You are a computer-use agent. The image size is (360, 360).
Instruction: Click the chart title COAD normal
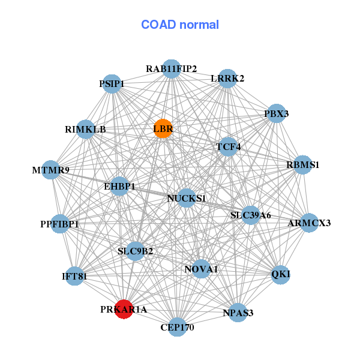click(180, 25)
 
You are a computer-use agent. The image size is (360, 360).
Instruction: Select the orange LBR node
click(163, 128)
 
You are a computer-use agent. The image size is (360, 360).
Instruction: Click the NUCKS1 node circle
click(187, 199)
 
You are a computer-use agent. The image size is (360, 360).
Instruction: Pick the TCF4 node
click(228, 146)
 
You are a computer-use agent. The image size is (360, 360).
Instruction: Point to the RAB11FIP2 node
click(172, 68)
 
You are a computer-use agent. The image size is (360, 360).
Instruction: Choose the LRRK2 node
click(227, 79)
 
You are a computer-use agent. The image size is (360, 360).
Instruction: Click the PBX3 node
click(276, 113)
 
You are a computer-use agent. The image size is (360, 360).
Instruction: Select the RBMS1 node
click(303, 164)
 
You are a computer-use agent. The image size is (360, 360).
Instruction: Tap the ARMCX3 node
click(309, 223)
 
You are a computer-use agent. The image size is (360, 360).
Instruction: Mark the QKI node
click(281, 274)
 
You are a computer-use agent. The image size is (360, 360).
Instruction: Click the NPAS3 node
click(238, 313)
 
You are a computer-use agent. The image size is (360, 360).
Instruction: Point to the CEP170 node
click(177, 327)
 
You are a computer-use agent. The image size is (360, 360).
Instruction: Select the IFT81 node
click(74, 276)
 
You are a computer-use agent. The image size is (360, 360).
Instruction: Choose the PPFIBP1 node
click(60, 224)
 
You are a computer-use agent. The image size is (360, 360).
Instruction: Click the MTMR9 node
click(51, 170)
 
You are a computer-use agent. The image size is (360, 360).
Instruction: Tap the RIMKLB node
click(85, 129)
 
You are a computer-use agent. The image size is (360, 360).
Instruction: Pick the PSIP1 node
click(112, 84)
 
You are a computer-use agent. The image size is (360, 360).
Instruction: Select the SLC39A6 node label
click(251, 215)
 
